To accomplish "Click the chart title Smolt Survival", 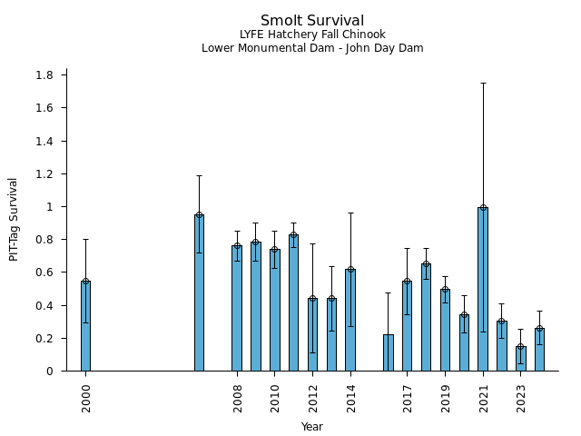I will [x=312, y=21].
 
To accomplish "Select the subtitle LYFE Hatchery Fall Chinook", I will [x=312, y=35].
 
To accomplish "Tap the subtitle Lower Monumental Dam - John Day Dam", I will [x=312, y=48].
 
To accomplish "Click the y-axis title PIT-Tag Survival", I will [x=14, y=219].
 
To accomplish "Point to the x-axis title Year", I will [x=312, y=427].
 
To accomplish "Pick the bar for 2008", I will [x=237, y=308].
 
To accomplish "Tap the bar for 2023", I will [x=521, y=359].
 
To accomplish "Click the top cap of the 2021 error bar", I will [x=483, y=83].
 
